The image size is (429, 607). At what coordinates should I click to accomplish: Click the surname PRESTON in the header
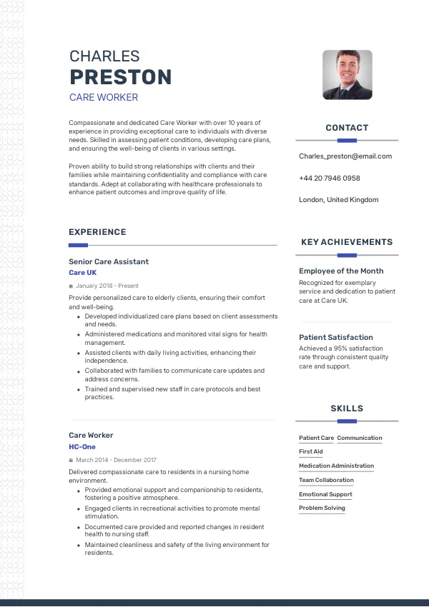tap(120, 76)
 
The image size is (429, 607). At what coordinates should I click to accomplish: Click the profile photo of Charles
tap(347, 74)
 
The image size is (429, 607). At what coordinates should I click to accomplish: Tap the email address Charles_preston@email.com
tap(345, 156)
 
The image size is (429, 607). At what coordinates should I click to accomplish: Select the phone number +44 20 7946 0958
tap(329, 178)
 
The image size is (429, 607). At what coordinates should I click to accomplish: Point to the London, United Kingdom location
tap(338, 200)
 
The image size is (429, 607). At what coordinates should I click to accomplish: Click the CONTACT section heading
tap(347, 128)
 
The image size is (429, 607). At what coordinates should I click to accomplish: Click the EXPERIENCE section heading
tap(97, 232)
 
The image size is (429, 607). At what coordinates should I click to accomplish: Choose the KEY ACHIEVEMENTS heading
tap(347, 242)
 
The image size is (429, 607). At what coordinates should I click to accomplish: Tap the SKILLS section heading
tap(347, 408)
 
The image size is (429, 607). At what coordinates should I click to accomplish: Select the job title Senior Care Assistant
tap(109, 261)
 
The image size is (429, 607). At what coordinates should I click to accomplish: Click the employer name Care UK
tap(82, 273)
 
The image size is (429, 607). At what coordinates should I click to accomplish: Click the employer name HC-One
tap(82, 447)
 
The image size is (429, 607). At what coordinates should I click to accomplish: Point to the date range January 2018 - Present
tap(107, 286)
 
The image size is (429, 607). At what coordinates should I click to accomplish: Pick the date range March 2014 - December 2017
tap(116, 460)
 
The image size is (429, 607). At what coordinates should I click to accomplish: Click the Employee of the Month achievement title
tap(341, 271)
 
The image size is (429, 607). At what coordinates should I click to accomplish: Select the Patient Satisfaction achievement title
tap(336, 337)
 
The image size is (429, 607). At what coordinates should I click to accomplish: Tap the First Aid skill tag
tap(311, 451)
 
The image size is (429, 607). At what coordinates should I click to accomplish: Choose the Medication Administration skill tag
tap(336, 466)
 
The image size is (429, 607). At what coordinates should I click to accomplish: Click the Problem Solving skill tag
tap(322, 508)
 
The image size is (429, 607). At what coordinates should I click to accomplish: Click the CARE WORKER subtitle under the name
tap(104, 97)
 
